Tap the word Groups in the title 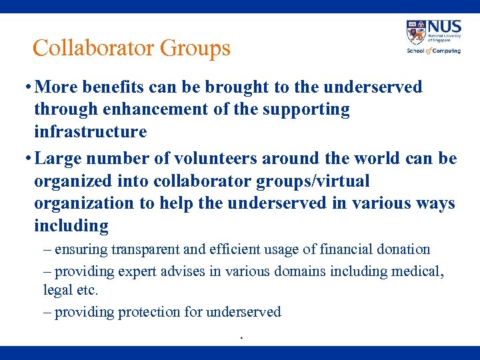(x=195, y=48)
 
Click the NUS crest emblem (x=416, y=32)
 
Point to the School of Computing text (x=433, y=51)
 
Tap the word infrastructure (x=90, y=131)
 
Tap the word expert (x=138, y=271)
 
